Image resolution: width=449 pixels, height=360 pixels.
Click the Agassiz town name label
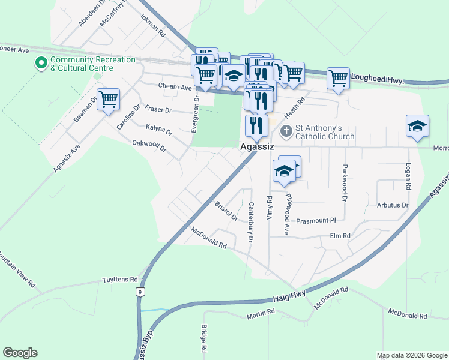point(257,146)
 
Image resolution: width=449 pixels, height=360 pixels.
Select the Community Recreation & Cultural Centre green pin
point(41,62)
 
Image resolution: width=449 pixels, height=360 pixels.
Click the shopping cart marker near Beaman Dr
point(108,100)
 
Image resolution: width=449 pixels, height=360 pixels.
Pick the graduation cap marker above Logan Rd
point(417,126)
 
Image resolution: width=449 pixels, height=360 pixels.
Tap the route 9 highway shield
point(140,292)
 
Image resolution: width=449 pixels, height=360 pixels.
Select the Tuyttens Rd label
point(120,280)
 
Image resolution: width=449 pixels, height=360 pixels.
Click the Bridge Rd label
point(204,338)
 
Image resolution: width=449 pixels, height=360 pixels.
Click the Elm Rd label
point(340,236)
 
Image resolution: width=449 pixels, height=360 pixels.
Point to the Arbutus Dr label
point(393,205)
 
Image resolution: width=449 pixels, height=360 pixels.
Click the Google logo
point(20,353)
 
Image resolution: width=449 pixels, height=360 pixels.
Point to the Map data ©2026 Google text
point(412,355)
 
